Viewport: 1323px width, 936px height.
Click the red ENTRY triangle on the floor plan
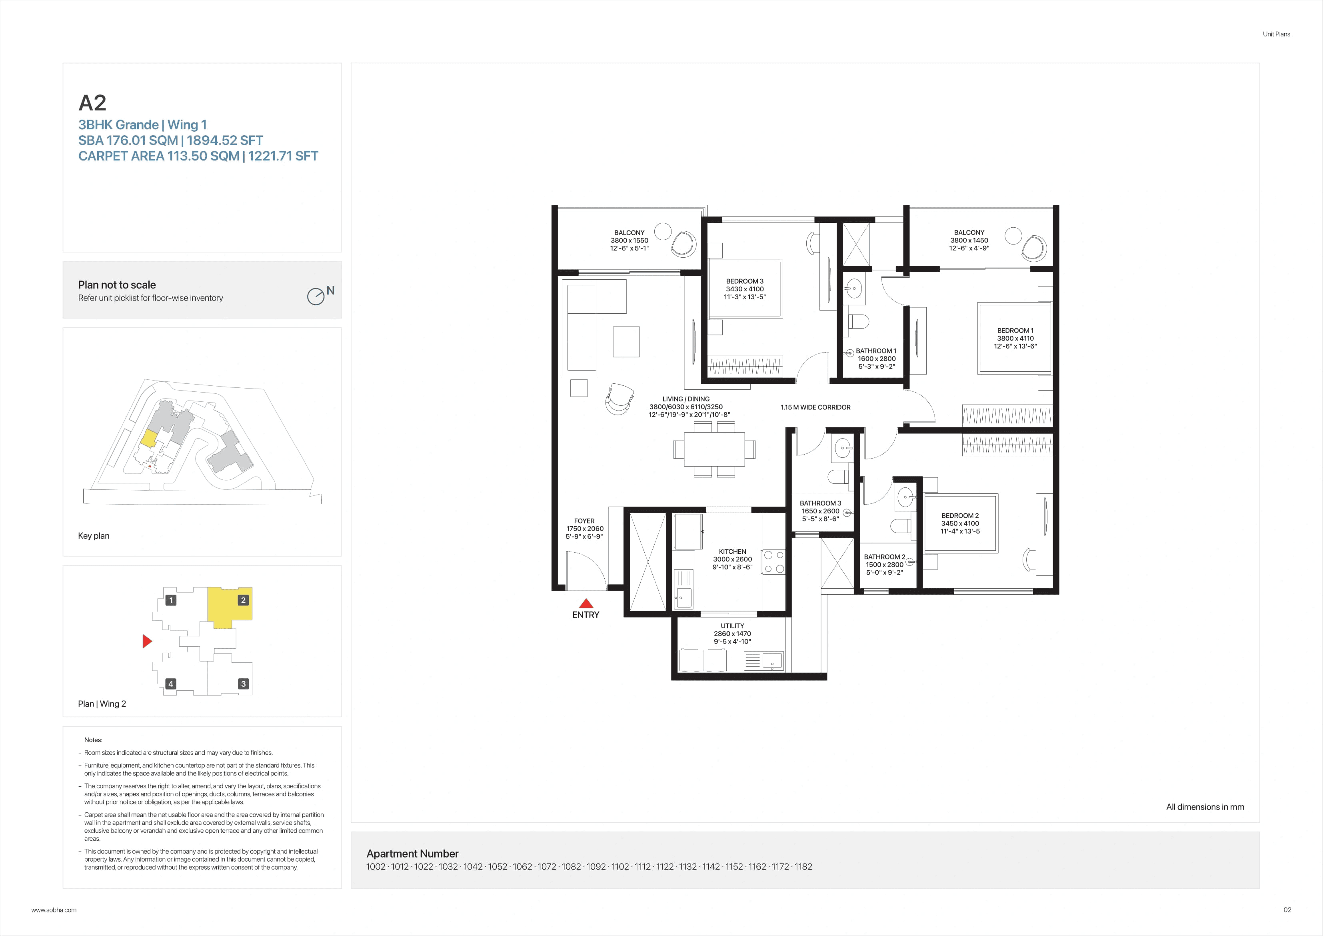(x=586, y=604)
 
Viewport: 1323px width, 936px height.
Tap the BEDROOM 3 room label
(x=744, y=281)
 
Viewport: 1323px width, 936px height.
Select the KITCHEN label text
(x=732, y=551)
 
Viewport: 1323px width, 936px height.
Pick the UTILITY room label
(x=732, y=626)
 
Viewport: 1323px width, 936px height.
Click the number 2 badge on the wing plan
(x=243, y=600)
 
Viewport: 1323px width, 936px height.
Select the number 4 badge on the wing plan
(x=170, y=684)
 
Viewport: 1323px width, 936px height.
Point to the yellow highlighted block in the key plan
(x=148, y=438)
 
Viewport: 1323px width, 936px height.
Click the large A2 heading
(x=92, y=103)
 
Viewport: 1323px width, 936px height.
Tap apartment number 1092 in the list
(x=596, y=867)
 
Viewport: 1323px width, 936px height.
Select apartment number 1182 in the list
(x=803, y=867)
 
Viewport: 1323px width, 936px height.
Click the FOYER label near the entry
(x=584, y=521)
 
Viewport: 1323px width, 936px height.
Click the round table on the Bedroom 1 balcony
(x=1013, y=236)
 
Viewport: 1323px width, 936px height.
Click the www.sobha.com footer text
(x=54, y=910)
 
